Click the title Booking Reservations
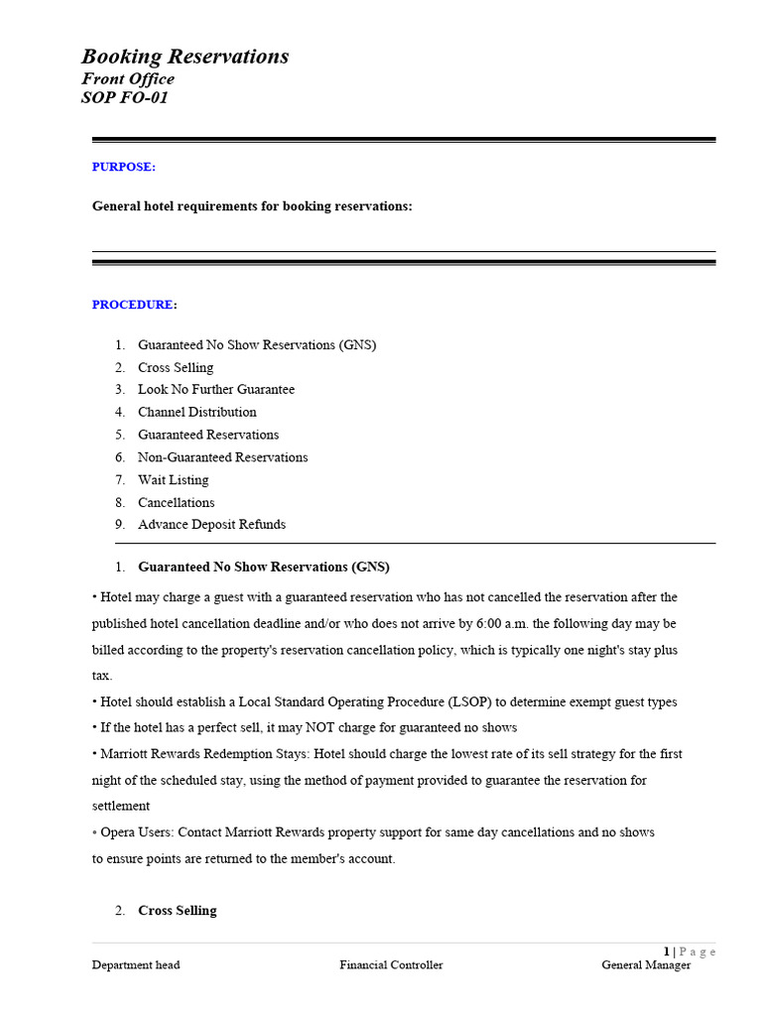pos(185,57)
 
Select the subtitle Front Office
pos(128,79)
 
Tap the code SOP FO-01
pos(125,98)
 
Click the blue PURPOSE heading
pos(124,167)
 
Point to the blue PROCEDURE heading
pos(134,305)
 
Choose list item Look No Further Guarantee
pos(216,390)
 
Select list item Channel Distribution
pos(196,412)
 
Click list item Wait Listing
pos(174,480)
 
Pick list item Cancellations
pos(176,502)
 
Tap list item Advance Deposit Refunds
pos(211,525)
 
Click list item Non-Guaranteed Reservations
pos(222,457)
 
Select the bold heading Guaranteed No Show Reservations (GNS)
pos(264,568)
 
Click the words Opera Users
pos(134,832)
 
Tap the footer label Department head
pos(136,965)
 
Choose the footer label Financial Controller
pos(391,965)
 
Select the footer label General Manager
pos(646,965)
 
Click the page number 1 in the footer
pos(667,952)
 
